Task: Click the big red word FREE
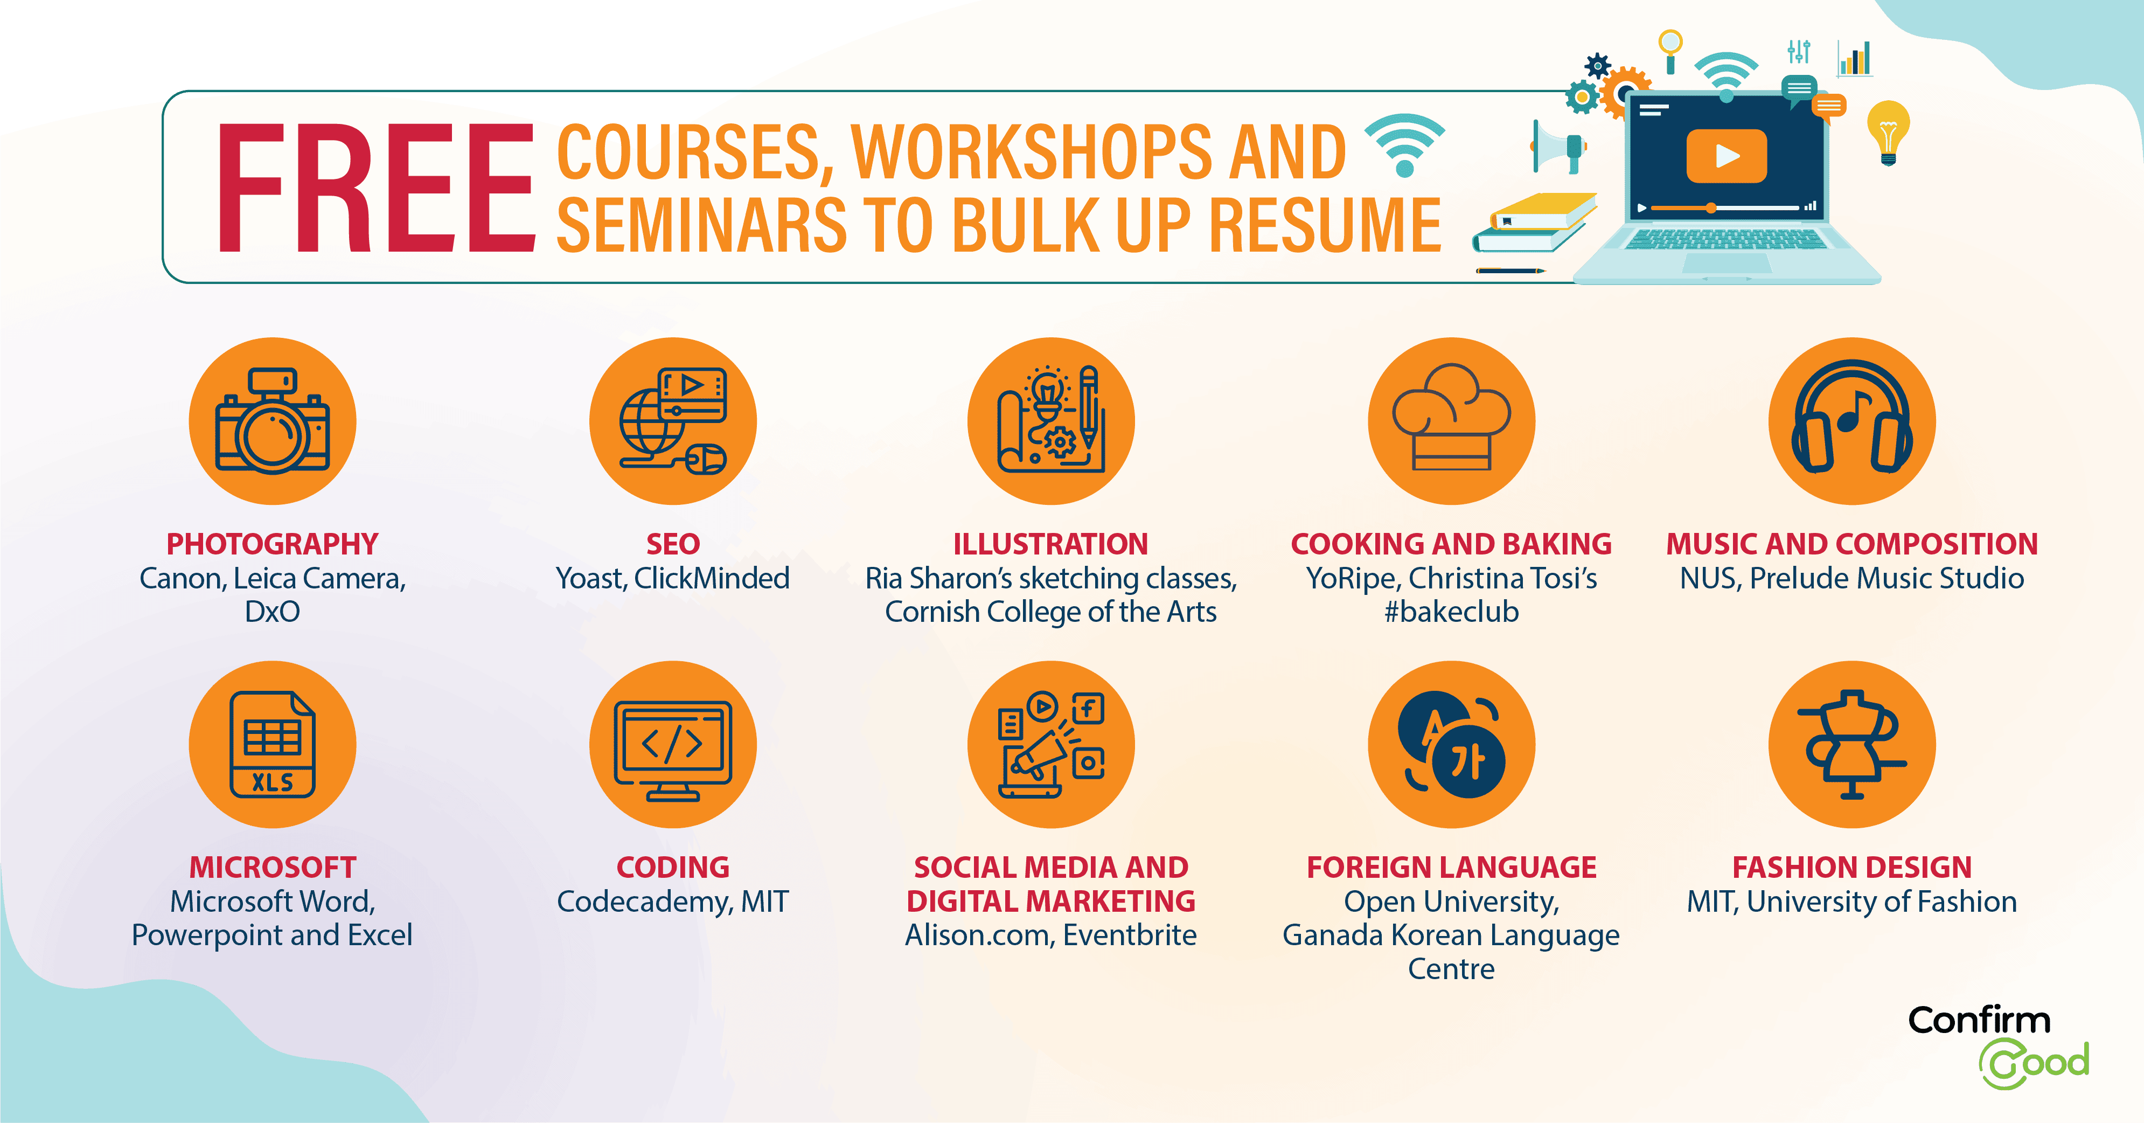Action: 376,188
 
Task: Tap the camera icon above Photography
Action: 272,421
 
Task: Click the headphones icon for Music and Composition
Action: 1852,416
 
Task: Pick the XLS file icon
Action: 272,744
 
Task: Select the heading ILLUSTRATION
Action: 1050,544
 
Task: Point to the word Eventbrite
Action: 1130,935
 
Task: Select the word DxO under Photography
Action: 272,612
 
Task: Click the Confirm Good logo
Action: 1997,1046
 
